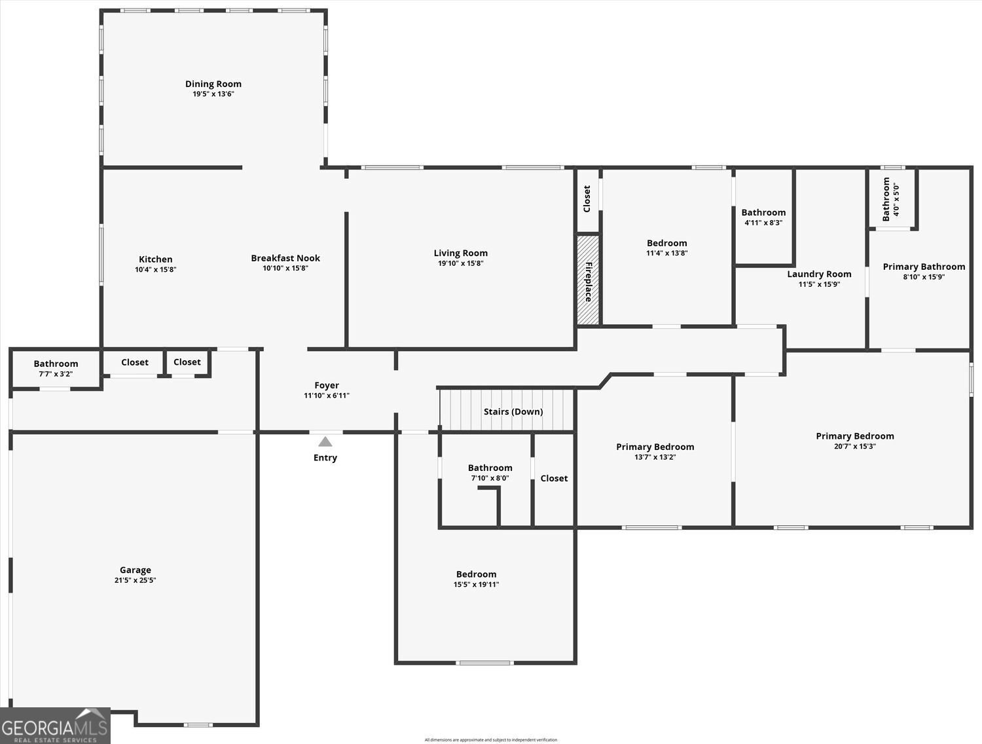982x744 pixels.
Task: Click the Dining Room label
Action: tap(213, 84)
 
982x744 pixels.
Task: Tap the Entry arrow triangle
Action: tap(325, 442)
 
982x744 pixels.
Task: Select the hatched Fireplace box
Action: tap(587, 280)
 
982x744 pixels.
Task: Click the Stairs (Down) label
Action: tap(513, 411)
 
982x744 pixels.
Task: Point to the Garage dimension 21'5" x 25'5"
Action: tap(135, 580)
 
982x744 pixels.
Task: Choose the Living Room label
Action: tap(461, 253)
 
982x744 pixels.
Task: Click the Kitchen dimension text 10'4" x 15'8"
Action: tap(156, 269)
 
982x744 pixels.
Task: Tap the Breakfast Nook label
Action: tap(285, 258)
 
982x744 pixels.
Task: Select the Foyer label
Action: tap(327, 385)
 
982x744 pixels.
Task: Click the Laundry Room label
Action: tap(819, 274)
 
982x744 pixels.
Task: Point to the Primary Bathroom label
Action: tap(924, 267)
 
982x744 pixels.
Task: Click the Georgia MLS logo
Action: tap(55, 726)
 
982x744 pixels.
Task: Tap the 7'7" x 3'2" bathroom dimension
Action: tap(56, 374)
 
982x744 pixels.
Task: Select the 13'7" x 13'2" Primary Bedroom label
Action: tap(655, 447)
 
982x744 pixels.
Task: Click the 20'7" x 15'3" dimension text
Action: tap(855, 446)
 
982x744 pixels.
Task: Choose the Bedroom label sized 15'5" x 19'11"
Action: tap(476, 574)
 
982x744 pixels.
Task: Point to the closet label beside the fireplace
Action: tap(587, 198)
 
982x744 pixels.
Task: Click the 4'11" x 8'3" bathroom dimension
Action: tap(763, 223)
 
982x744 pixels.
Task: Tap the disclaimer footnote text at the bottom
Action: tap(491, 740)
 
